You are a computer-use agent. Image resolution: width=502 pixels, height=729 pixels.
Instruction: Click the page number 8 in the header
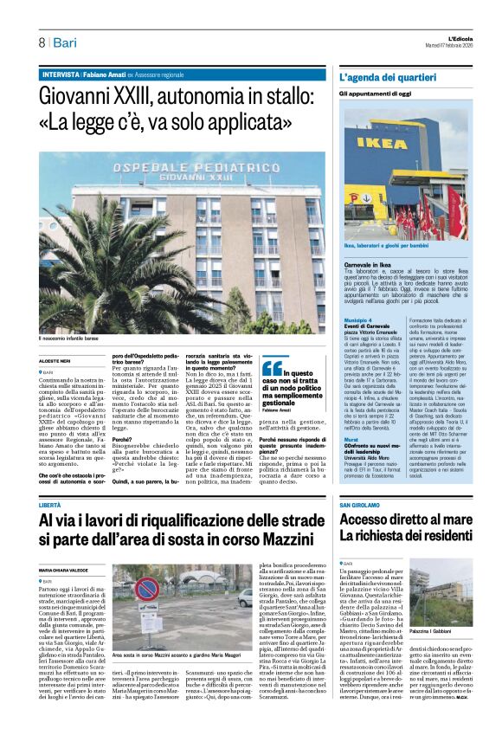tap(40, 42)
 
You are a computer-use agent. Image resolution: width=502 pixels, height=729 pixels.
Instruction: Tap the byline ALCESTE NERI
tap(55, 360)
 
